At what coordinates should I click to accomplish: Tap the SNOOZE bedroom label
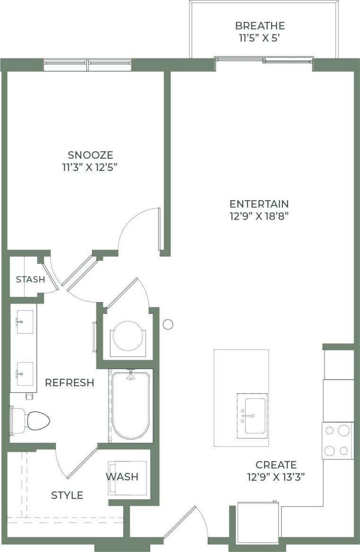(x=91, y=155)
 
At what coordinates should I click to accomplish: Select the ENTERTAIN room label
(x=259, y=204)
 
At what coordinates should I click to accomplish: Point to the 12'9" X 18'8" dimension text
(x=259, y=216)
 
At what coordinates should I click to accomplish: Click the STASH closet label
(x=30, y=280)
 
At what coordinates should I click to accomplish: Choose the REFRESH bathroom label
(x=69, y=382)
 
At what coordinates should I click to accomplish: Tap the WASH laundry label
(x=122, y=476)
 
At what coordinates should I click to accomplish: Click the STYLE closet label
(x=67, y=495)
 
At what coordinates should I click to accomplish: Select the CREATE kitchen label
(x=276, y=465)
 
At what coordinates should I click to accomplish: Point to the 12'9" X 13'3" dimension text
(x=276, y=477)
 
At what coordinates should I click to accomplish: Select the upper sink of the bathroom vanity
(x=25, y=322)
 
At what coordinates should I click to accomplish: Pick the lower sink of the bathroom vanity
(x=25, y=374)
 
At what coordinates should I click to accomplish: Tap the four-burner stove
(x=338, y=441)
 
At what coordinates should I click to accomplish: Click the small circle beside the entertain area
(x=168, y=324)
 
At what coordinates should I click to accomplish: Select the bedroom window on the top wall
(x=87, y=65)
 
